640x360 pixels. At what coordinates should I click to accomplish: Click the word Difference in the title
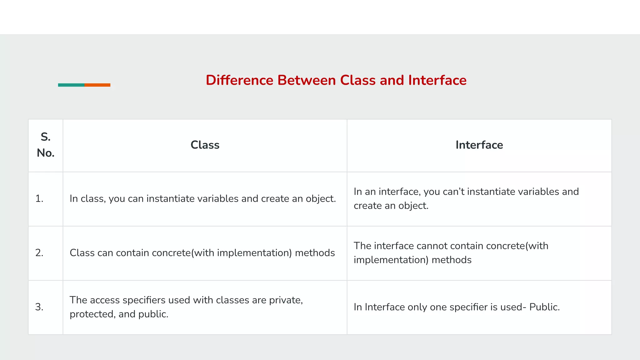point(239,80)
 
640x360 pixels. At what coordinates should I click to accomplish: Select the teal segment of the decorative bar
point(71,85)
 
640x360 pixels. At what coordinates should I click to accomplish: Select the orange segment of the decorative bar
point(97,85)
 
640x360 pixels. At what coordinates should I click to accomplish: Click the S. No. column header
point(46,145)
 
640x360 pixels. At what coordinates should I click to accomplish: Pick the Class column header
point(205,145)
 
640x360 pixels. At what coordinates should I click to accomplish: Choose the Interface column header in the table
point(479,145)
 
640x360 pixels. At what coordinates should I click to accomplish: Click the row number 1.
point(39,199)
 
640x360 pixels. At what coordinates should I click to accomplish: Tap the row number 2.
point(39,253)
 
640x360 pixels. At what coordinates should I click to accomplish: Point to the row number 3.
point(39,307)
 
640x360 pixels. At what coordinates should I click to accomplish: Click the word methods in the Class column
point(315,253)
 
